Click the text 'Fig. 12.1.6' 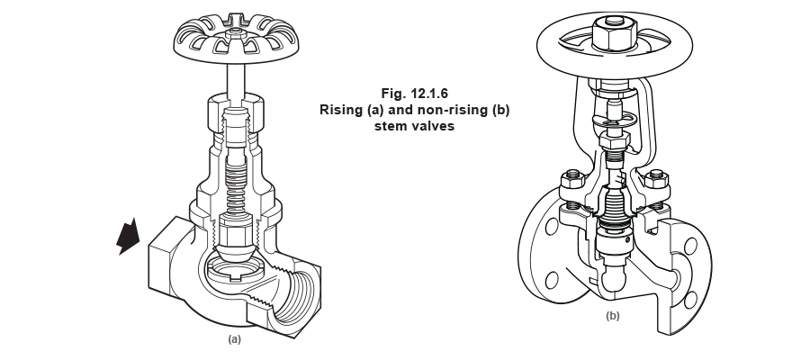[415, 93]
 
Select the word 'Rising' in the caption [341, 110]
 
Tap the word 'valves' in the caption [436, 127]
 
